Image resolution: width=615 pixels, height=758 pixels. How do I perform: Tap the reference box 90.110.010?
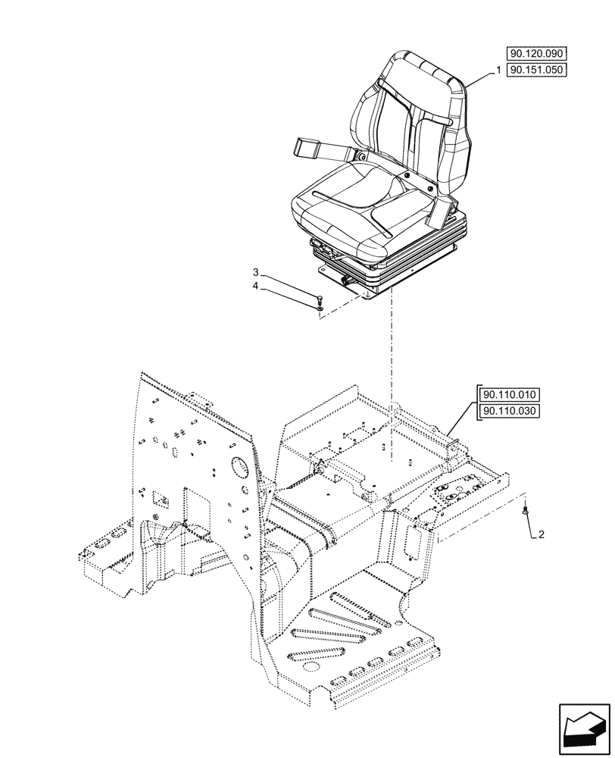tap(507, 395)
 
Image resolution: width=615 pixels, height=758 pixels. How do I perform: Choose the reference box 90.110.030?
tap(507, 411)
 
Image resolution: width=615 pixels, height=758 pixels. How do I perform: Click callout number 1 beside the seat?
tap(498, 70)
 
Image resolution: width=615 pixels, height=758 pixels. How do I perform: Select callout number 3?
tap(256, 271)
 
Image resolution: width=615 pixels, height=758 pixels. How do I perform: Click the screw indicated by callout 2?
tap(524, 513)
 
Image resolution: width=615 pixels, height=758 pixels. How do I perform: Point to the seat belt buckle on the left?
tap(309, 146)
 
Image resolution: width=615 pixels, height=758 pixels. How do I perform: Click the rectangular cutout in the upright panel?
tap(161, 499)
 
